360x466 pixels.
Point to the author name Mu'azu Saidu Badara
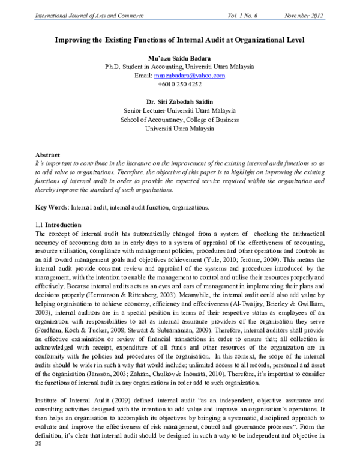(180, 58)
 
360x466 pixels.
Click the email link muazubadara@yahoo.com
(189, 76)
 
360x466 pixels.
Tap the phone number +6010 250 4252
(180, 85)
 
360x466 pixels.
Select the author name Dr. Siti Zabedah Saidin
(180, 102)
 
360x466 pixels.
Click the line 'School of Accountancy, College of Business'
(180, 120)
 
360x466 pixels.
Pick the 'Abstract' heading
(47, 154)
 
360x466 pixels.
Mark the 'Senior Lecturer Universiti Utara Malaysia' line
(180, 111)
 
